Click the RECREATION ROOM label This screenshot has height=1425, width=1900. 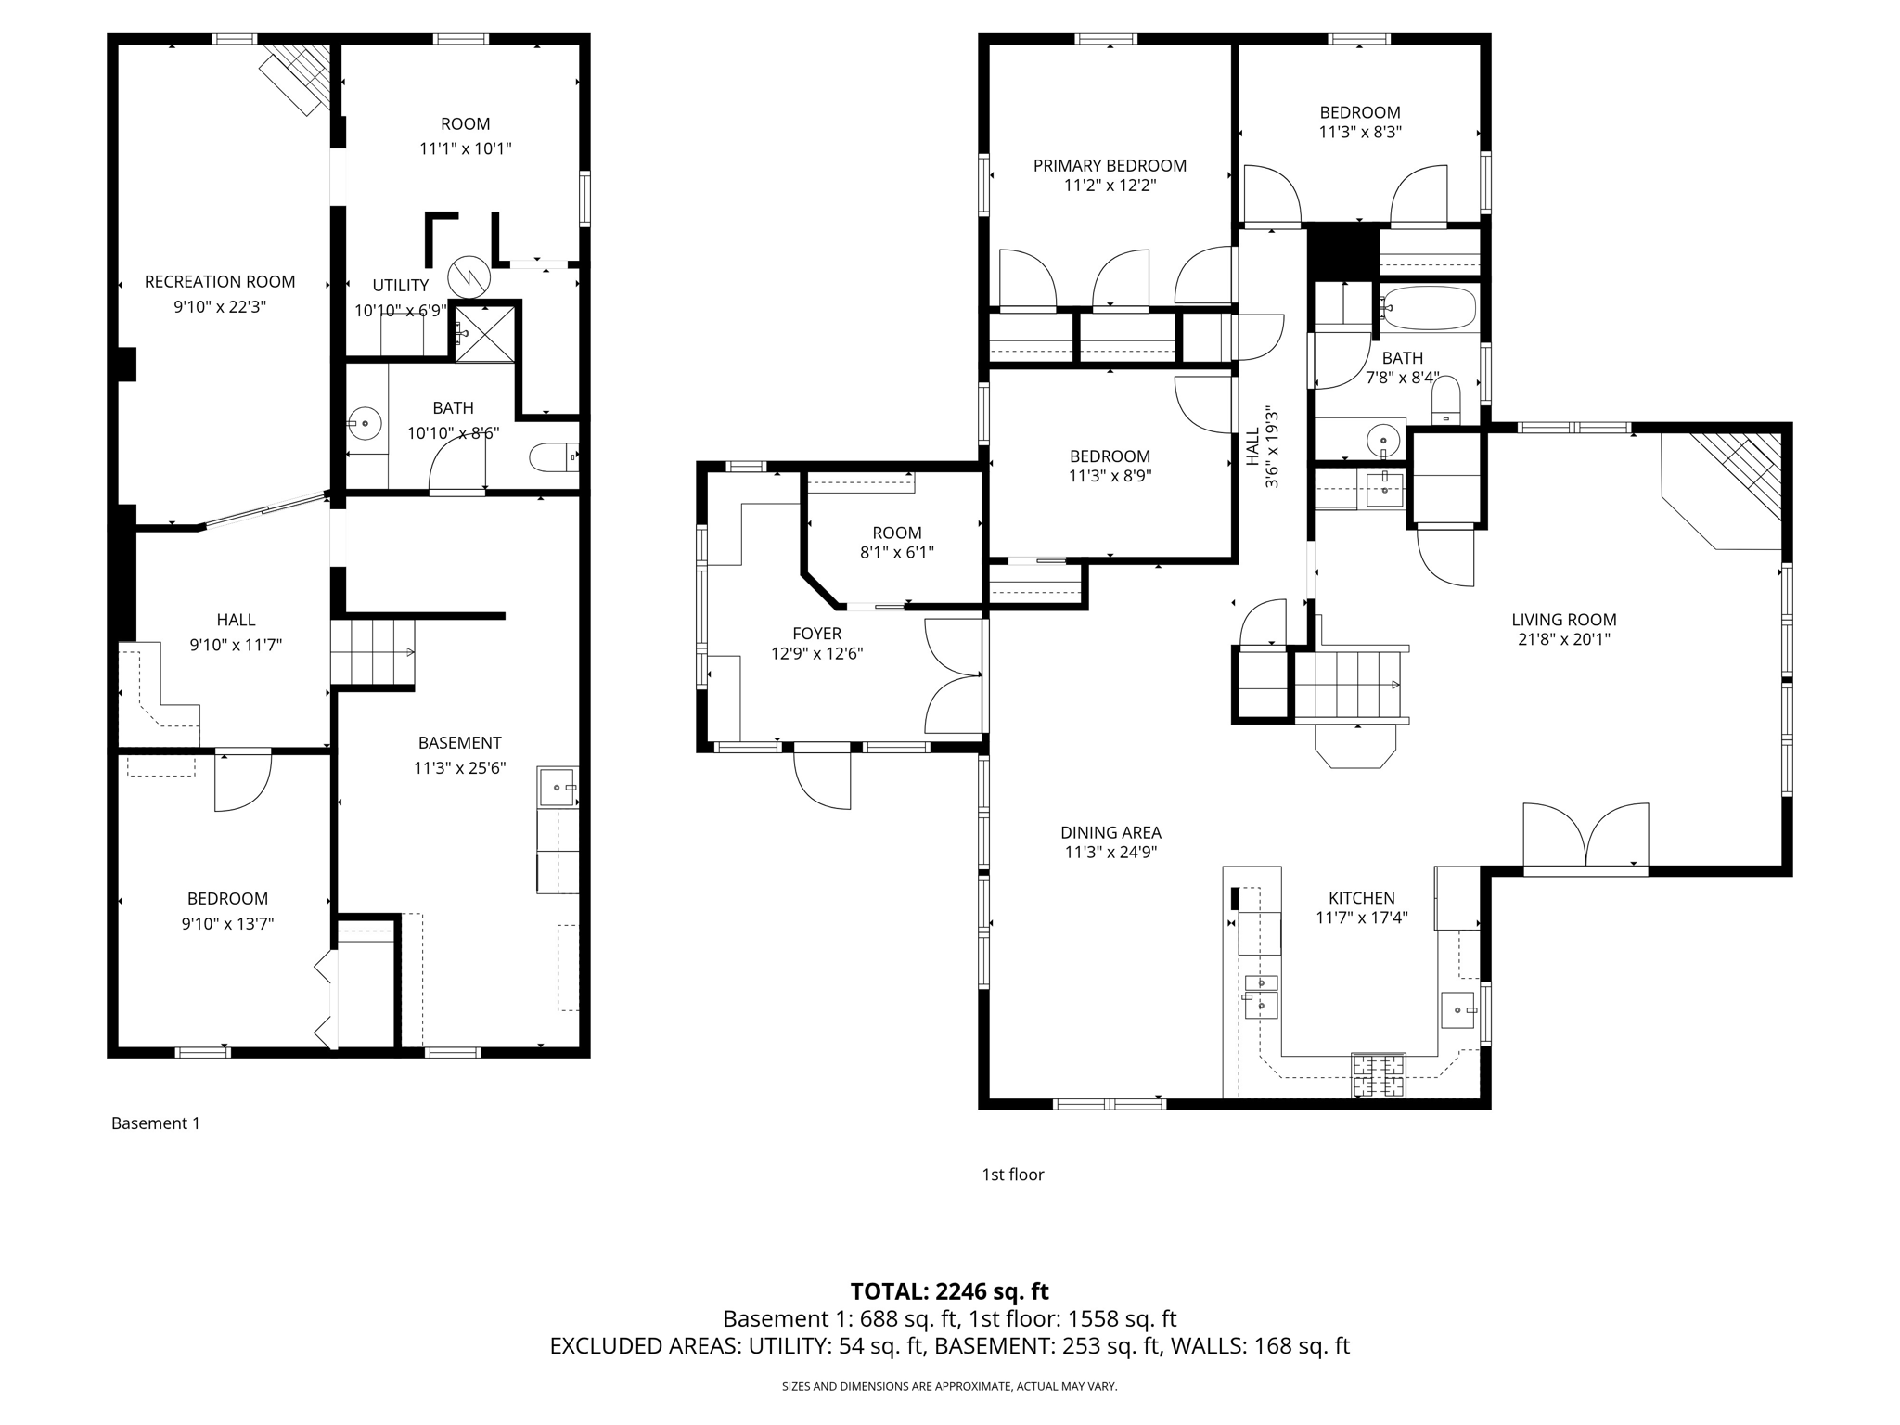[x=220, y=281]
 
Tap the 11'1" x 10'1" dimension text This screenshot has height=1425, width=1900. [x=465, y=148]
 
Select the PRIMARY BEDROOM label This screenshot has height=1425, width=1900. [x=1110, y=165]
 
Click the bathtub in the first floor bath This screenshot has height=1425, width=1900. [x=1428, y=308]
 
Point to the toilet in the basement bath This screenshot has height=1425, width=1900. [x=551, y=456]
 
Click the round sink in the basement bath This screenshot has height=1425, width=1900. [x=366, y=423]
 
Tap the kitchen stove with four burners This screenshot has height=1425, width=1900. [x=1378, y=1075]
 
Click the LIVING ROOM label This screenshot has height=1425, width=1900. [x=1563, y=620]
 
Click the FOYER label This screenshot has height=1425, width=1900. [x=816, y=634]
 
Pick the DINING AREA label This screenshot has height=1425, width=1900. [x=1110, y=832]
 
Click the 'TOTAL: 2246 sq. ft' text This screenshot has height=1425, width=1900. [x=949, y=1290]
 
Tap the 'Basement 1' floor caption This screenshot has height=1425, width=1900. [x=155, y=1123]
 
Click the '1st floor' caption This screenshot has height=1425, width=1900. [x=1012, y=1175]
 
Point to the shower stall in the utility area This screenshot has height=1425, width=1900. [x=484, y=332]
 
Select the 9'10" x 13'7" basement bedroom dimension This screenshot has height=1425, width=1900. [x=227, y=923]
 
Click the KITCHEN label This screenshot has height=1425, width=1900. [x=1361, y=897]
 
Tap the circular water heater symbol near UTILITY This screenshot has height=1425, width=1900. [x=468, y=276]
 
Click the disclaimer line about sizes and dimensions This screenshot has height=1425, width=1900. [x=949, y=1386]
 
